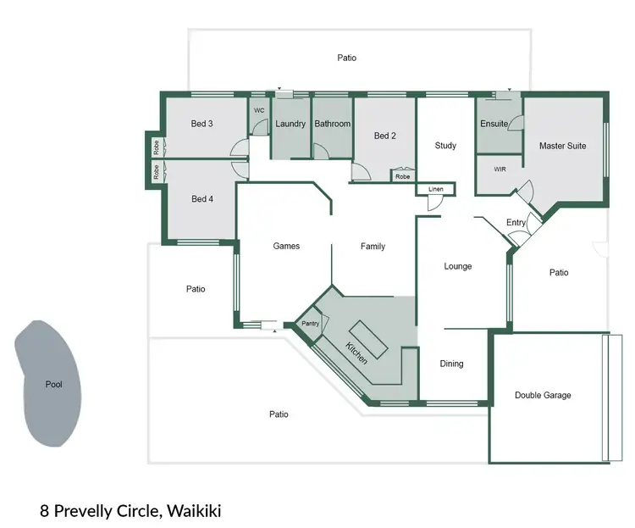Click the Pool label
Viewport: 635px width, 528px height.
[53, 385]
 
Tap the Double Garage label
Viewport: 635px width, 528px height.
[543, 395]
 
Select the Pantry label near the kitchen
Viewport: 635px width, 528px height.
[310, 324]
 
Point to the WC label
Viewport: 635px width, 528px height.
[259, 110]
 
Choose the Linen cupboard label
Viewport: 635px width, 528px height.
[436, 188]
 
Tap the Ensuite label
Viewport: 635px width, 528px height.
[494, 124]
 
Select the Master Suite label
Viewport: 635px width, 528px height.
[562, 146]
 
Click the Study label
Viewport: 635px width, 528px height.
[445, 146]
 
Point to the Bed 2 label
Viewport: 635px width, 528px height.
[385, 136]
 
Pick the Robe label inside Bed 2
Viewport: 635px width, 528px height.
[402, 177]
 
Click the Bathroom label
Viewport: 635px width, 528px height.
[332, 124]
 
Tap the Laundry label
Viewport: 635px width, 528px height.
[290, 124]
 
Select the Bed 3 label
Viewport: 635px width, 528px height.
[202, 124]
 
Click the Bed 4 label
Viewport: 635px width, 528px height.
[202, 199]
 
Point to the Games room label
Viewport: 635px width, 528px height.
[286, 247]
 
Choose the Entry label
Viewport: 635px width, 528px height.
[516, 222]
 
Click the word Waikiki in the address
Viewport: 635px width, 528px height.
[195, 511]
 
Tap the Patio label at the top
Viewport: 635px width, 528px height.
[346, 58]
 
